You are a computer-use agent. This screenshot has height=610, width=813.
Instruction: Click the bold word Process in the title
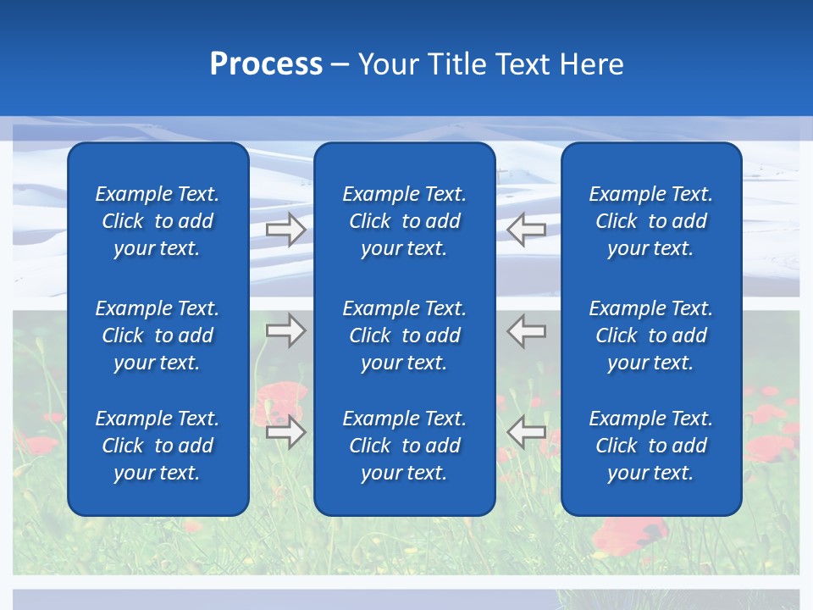point(266,64)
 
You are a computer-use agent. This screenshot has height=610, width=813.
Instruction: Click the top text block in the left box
point(158,221)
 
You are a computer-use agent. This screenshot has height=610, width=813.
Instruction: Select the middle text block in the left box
point(158,335)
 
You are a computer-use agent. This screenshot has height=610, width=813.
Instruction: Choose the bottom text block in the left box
point(158,446)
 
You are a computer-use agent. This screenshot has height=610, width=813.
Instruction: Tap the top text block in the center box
point(404,221)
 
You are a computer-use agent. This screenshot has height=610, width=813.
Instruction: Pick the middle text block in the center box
point(404,335)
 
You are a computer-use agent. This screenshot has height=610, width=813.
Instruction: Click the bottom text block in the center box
point(404,446)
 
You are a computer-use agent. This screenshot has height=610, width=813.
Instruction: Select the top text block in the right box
point(650,221)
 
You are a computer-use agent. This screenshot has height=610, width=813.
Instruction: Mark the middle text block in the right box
point(650,335)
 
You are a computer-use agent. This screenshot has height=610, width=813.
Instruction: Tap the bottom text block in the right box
point(650,446)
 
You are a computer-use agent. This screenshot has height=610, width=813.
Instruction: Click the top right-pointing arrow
point(285,230)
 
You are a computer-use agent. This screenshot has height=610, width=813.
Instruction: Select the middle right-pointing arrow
point(285,330)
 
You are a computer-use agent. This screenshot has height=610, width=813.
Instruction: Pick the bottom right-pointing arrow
point(285,432)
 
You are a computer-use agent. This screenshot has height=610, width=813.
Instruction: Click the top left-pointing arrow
point(527,230)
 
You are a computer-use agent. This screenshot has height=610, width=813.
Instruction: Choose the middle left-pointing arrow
point(527,330)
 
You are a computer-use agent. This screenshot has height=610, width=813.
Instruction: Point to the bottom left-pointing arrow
point(527,432)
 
